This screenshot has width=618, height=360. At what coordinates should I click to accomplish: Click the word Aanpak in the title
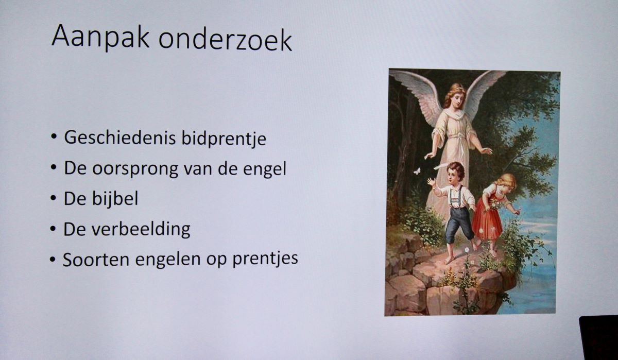click(x=101, y=37)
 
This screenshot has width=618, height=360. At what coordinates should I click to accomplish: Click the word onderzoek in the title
click(x=225, y=40)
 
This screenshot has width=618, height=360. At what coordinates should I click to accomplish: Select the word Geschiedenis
click(x=120, y=138)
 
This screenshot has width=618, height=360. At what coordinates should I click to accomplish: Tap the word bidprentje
click(x=224, y=139)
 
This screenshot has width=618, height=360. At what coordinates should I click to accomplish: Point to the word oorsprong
click(x=135, y=169)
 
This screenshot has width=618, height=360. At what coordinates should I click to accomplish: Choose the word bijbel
click(x=115, y=198)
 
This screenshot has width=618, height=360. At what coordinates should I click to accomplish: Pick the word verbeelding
click(x=141, y=229)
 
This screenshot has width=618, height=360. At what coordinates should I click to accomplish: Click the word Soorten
click(x=96, y=259)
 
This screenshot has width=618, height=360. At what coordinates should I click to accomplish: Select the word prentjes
click(x=265, y=259)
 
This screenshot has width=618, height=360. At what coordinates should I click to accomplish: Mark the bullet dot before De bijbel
click(x=53, y=199)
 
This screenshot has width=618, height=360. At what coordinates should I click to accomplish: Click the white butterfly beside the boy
click(x=417, y=172)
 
